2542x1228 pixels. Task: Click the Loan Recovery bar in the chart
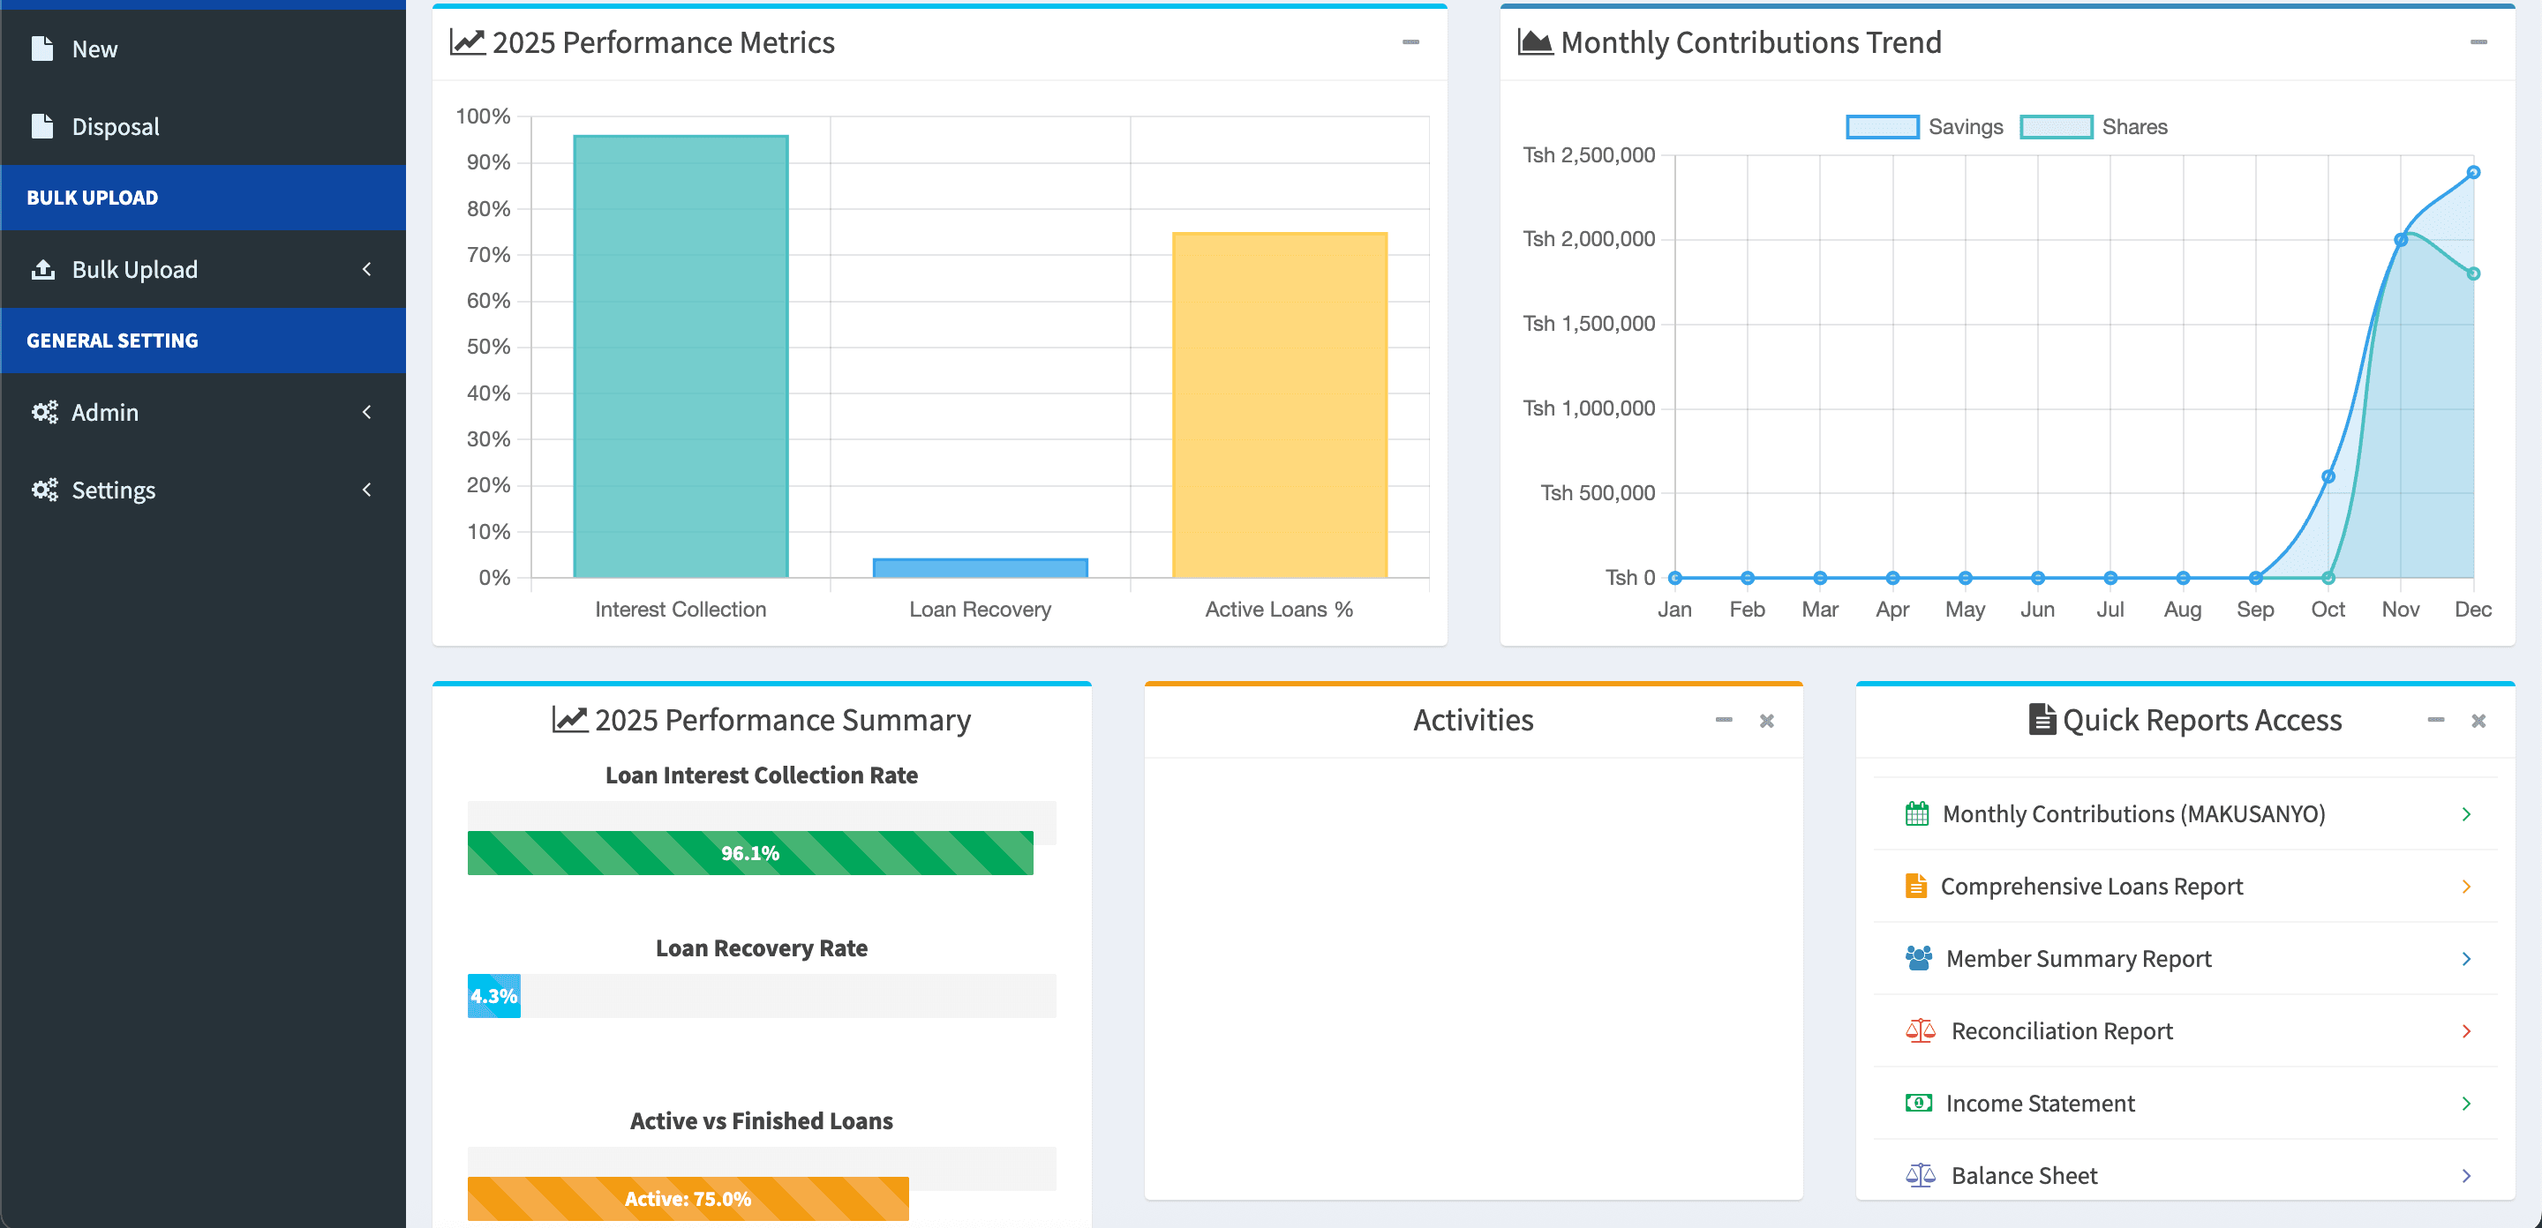(980, 568)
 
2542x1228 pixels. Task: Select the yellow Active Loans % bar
(1279, 404)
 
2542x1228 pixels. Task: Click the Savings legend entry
(1924, 127)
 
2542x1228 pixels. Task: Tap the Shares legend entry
(2094, 127)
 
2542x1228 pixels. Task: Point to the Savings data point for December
(2473, 173)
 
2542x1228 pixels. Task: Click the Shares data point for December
(2473, 273)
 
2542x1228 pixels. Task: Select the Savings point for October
(2328, 476)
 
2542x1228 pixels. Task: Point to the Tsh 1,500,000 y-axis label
(1588, 324)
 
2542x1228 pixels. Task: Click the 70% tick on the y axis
(488, 254)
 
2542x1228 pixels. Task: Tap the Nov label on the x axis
(2400, 610)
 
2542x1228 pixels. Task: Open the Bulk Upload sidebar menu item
(134, 269)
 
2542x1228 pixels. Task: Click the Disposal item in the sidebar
(115, 126)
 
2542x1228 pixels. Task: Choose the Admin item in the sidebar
(105, 412)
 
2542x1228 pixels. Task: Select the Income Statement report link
(2039, 1103)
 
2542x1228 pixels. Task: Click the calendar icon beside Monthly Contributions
(1916, 813)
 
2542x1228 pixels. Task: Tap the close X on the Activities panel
(1766, 721)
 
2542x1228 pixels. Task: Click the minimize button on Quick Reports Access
(2435, 720)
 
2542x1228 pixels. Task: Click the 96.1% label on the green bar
(750, 853)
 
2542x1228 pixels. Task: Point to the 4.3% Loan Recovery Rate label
(493, 996)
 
